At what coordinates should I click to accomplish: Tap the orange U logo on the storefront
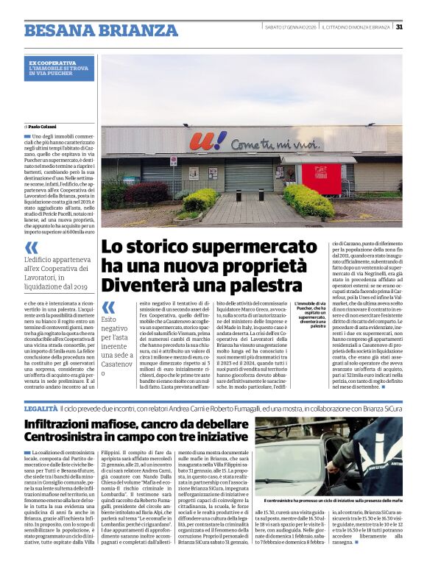click(198, 141)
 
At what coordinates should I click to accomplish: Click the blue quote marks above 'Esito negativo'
click(107, 306)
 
